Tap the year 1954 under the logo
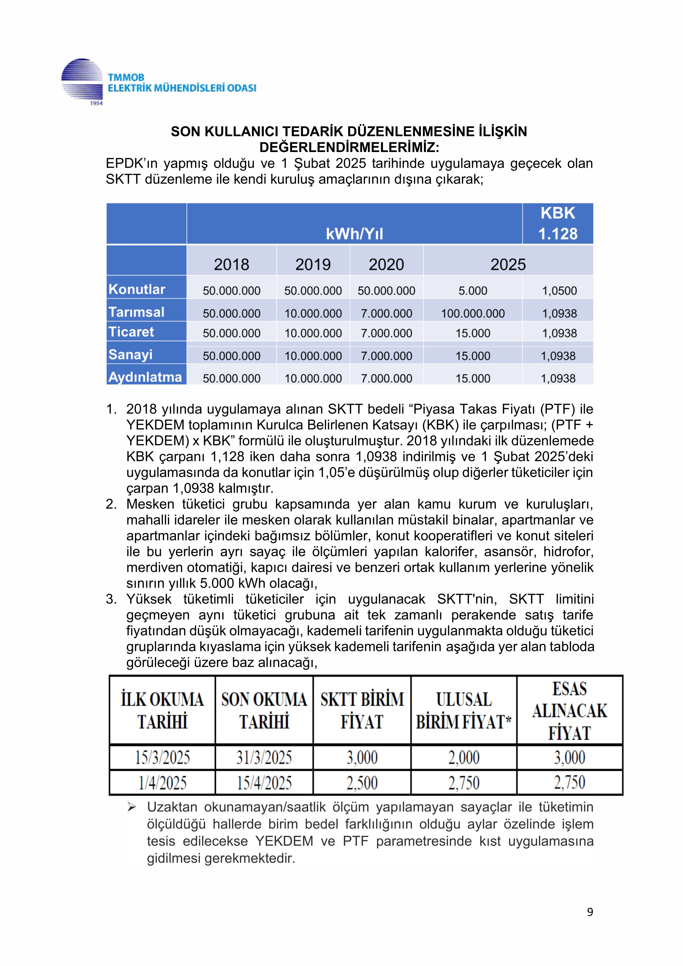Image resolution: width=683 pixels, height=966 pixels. pyautogui.click(x=96, y=103)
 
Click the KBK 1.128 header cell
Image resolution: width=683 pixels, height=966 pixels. pyautogui.click(x=558, y=223)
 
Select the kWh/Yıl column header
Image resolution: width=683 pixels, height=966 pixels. pyautogui.click(x=355, y=234)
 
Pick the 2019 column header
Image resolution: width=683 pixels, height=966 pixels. pyautogui.click(x=313, y=265)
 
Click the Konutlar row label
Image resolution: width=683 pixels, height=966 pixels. pyautogui.click(x=137, y=289)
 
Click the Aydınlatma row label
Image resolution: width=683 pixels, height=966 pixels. pyautogui.click(x=145, y=377)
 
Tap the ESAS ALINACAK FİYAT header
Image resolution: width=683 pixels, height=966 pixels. pyautogui.click(x=570, y=711)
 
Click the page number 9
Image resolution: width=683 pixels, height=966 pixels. pyautogui.click(x=590, y=912)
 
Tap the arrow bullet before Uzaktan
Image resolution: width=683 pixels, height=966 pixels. pyautogui.click(x=131, y=807)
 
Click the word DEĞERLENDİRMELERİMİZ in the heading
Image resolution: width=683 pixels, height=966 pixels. pyautogui.click(x=349, y=148)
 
